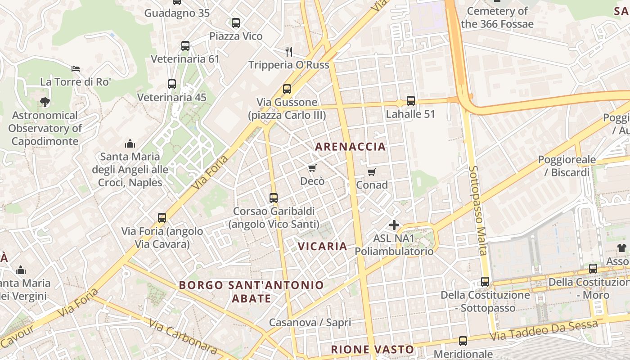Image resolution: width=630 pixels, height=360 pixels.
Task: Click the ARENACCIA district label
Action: (350, 146)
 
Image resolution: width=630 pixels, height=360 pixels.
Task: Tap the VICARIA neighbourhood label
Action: (322, 246)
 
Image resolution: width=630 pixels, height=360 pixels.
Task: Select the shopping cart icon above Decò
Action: (312, 168)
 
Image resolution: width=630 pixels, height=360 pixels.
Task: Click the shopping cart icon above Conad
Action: (371, 172)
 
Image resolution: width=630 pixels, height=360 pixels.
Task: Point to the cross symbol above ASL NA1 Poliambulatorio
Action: (394, 225)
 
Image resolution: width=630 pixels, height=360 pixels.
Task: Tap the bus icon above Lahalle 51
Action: (410, 101)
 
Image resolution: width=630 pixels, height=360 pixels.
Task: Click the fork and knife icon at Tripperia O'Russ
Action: (289, 51)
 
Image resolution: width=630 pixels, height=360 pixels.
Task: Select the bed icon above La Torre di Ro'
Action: (76, 69)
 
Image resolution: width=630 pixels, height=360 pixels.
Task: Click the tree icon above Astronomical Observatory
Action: (45, 102)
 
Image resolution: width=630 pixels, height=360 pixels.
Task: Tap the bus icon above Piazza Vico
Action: (236, 23)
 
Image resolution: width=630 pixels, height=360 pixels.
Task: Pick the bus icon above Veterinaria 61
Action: (185, 46)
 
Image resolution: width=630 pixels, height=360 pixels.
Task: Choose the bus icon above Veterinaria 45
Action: (171, 84)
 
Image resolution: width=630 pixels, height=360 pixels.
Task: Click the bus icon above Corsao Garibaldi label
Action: (273, 198)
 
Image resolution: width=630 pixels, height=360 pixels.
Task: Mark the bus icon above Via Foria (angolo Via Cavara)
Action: (162, 218)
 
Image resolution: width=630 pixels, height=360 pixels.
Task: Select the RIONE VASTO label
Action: (372, 350)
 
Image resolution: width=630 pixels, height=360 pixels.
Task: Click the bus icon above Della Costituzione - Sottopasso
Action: (485, 282)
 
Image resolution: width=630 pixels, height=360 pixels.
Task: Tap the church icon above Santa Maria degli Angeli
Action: (130, 144)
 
